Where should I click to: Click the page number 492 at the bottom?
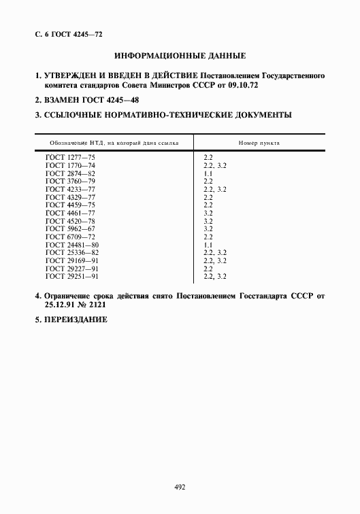pos(180,487)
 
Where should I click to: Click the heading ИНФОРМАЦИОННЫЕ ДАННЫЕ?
pos(180,55)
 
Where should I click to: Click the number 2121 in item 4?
pos(97,306)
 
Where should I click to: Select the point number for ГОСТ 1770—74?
pos(214,166)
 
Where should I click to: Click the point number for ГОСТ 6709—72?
pos(208,237)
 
